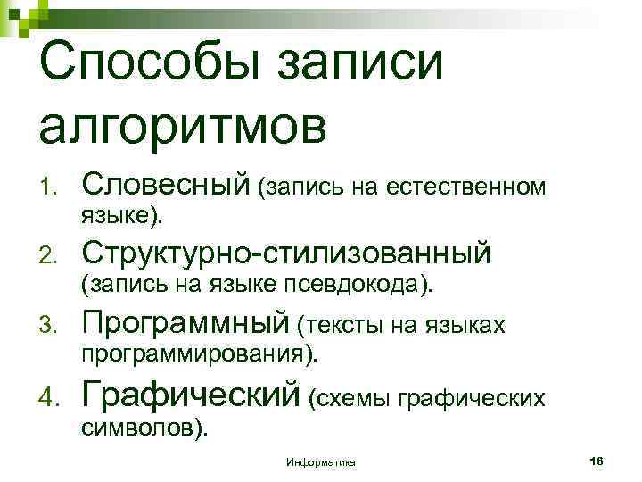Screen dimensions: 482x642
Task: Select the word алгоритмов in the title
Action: click(x=184, y=125)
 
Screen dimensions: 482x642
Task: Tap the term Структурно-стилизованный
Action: click(x=285, y=253)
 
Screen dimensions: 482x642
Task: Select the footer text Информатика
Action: click(x=321, y=461)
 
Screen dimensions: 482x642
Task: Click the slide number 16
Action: click(x=597, y=460)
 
